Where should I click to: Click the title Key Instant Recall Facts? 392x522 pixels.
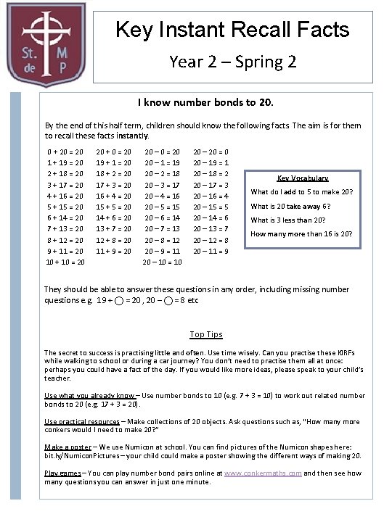click(x=232, y=30)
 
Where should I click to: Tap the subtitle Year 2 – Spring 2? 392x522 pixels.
click(x=232, y=61)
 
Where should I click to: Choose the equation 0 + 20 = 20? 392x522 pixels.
click(x=65, y=152)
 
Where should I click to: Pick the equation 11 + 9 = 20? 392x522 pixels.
click(x=114, y=251)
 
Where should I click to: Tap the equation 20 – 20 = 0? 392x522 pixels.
click(x=211, y=152)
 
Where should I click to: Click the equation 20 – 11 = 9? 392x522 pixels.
click(x=211, y=251)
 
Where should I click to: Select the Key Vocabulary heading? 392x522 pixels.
click(x=303, y=178)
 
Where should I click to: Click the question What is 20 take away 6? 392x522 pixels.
click(x=291, y=206)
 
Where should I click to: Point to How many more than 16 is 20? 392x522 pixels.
click(x=301, y=233)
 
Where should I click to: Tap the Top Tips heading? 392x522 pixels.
click(x=206, y=334)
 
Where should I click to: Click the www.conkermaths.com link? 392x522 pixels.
click(x=263, y=473)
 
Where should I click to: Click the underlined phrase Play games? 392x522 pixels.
click(x=62, y=473)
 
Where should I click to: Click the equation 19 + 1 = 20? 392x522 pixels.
click(x=114, y=162)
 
